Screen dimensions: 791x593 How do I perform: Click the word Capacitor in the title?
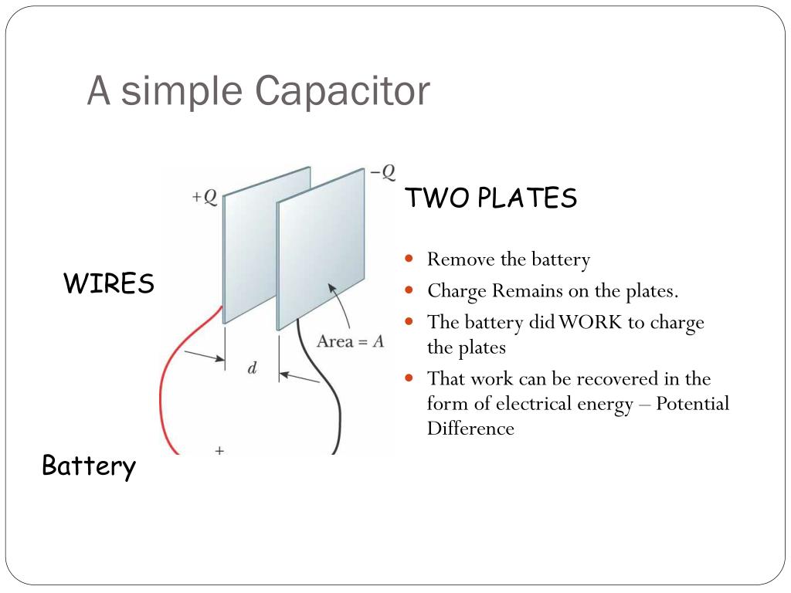coord(342,91)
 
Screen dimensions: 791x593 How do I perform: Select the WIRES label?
coord(109,284)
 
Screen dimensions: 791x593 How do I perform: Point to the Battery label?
coord(89,466)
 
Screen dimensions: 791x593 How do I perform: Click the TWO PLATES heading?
coord(491,198)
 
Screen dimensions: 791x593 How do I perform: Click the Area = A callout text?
coord(351,341)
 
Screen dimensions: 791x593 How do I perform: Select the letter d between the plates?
coord(252,369)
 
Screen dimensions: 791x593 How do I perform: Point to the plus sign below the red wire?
coord(219,449)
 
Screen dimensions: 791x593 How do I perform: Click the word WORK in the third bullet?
coord(590,322)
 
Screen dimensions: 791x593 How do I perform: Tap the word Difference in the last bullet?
coord(470,429)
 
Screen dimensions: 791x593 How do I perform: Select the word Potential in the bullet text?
coord(692,404)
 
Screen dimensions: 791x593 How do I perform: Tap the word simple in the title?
coord(181,91)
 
